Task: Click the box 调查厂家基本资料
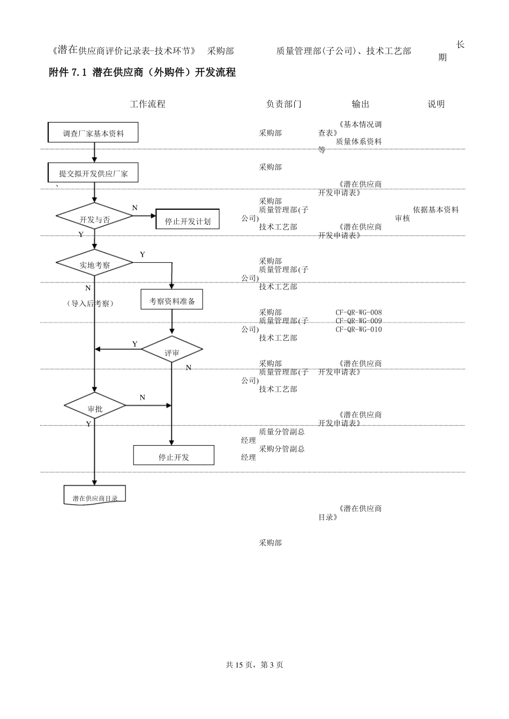[93, 133]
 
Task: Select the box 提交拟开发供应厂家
[93, 173]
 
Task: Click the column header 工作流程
[148, 104]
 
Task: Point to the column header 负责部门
[284, 104]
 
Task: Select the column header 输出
[361, 104]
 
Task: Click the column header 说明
[436, 104]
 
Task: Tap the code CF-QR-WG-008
[358, 312]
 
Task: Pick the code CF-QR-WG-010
[358, 330]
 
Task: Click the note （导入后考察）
[90, 303]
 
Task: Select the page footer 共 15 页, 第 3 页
[254, 664]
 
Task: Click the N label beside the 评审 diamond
[189, 368]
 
